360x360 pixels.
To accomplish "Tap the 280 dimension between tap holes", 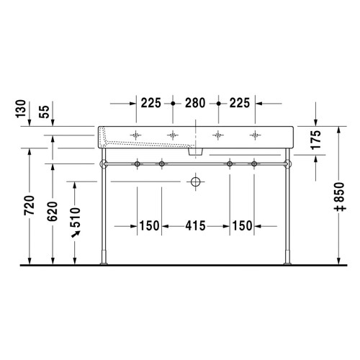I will [195, 103].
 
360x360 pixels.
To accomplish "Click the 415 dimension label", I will [195, 226].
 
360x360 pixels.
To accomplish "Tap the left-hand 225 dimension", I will [151, 103].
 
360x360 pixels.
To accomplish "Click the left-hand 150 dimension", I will [149, 226].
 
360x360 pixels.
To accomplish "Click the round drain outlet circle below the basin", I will [194, 182].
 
